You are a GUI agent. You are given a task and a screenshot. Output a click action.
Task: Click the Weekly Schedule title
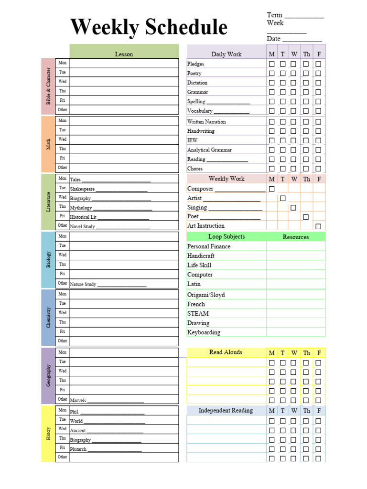click(x=149, y=27)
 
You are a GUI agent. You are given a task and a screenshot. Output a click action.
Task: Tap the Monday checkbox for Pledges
click(x=272, y=64)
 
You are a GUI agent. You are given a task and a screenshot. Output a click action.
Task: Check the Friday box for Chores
click(x=318, y=169)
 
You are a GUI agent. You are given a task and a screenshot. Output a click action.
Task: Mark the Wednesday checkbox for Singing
click(x=293, y=208)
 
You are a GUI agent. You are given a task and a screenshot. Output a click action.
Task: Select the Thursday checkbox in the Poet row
click(x=306, y=217)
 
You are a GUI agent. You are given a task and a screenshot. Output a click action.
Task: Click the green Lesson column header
click(x=124, y=54)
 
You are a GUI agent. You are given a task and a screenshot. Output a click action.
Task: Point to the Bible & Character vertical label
click(x=48, y=86)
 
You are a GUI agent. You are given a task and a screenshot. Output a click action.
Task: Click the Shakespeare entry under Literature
click(x=82, y=189)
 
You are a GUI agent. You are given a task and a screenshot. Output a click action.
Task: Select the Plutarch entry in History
click(x=78, y=449)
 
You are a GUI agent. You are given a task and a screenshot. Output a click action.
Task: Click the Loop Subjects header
click(x=227, y=236)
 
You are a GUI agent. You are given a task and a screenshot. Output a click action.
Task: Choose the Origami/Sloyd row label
click(x=206, y=295)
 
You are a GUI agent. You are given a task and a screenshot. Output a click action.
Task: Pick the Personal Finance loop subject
click(x=209, y=246)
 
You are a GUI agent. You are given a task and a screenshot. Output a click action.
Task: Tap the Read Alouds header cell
click(x=226, y=352)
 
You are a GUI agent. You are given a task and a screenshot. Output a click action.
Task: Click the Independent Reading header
click(x=226, y=410)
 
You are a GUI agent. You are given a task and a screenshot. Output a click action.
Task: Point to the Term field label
click(x=275, y=15)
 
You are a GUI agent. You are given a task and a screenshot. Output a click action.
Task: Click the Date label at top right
click(x=274, y=39)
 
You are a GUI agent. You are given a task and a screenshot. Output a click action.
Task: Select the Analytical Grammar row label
click(x=209, y=150)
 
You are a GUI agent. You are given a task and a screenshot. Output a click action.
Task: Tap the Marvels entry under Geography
click(x=78, y=400)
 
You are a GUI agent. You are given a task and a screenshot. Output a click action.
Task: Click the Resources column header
click(x=295, y=237)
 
